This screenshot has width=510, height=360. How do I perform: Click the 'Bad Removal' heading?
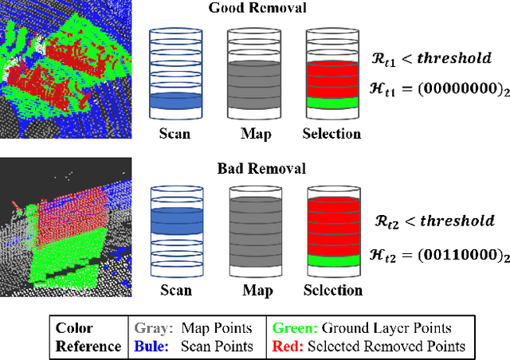click(249, 169)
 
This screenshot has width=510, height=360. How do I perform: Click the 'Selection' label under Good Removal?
click(331, 134)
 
